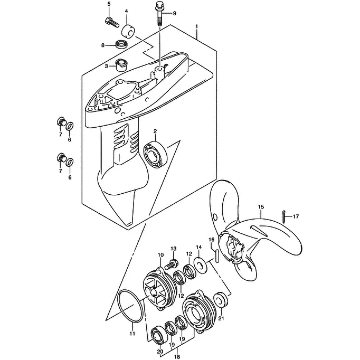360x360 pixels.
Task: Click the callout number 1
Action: [x=196, y=27]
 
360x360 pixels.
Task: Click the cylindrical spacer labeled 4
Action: [x=128, y=31]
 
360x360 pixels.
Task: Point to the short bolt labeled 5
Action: [x=112, y=22]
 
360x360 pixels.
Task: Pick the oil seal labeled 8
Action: [x=120, y=44]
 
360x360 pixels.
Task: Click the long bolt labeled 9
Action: [x=159, y=14]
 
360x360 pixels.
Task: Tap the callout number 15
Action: [x=261, y=207]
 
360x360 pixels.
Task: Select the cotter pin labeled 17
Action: [x=284, y=216]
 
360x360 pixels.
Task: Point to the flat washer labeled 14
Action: [x=200, y=264]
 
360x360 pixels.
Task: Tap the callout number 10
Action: [x=160, y=254]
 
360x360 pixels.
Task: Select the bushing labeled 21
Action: [x=221, y=299]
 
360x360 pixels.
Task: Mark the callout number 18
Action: [x=177, y=356]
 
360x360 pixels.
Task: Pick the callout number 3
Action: [x=106, y=67]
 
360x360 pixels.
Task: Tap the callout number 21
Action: [x=221, y=318]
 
